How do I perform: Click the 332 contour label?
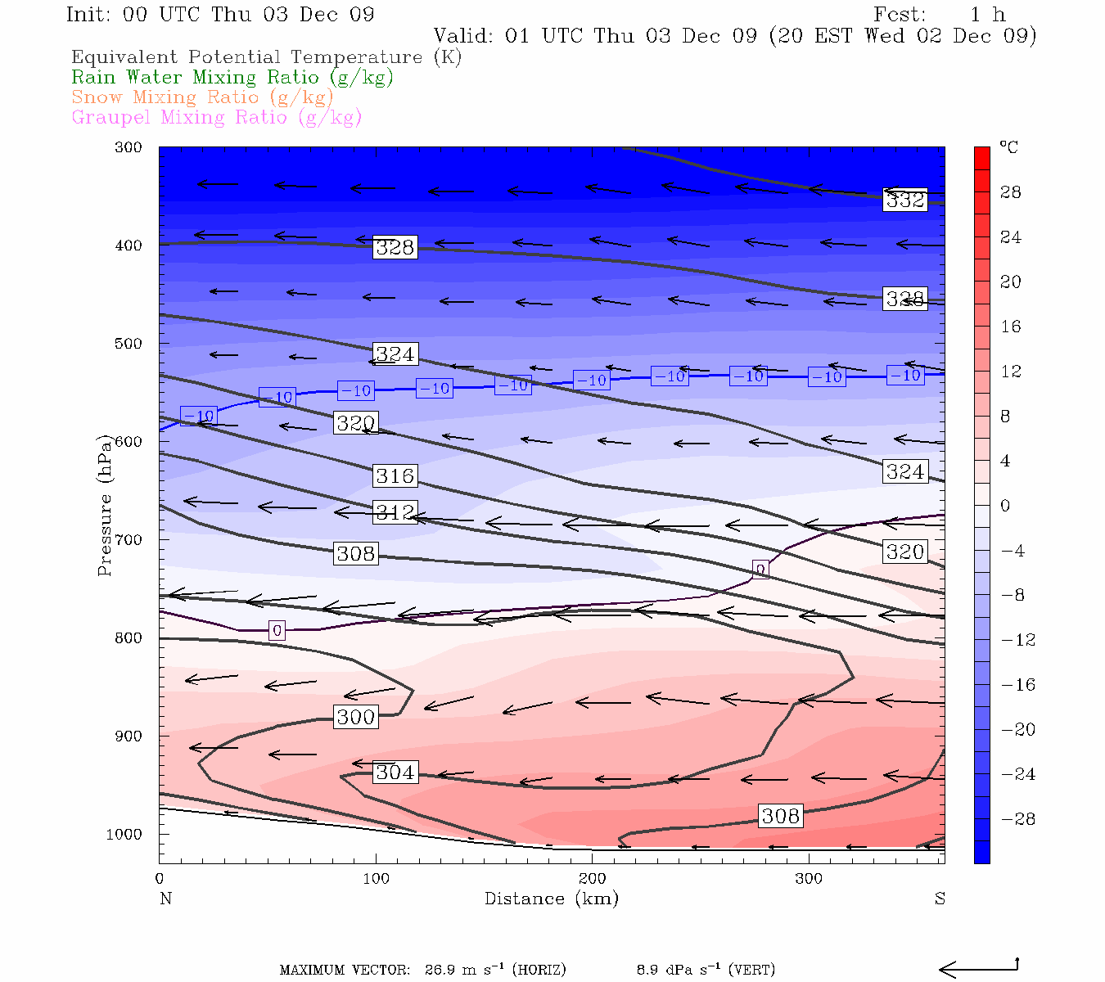tap(904, 200)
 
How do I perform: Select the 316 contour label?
tap(395, 475)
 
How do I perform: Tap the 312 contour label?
tap(395, 512)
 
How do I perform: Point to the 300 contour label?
tap(355, 717)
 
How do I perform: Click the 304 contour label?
tap(395, 772)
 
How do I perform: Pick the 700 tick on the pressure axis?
tap(129, 540)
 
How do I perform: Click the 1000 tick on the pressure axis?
tap(124, 834)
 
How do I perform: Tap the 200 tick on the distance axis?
tap(592, 879)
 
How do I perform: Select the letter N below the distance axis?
tap(165, 899)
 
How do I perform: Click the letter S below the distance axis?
tap(940, 899)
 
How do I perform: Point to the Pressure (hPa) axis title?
tap(105, 505)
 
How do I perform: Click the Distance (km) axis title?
tap(551, 899)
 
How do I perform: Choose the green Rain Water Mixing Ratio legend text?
tap(232, 77)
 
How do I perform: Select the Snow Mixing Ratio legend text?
tap(202, 97)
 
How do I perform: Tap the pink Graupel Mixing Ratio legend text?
tap(216, 117)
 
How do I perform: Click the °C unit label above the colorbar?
tap(1008, 147)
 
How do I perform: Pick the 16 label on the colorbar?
tap(1011, 327)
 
